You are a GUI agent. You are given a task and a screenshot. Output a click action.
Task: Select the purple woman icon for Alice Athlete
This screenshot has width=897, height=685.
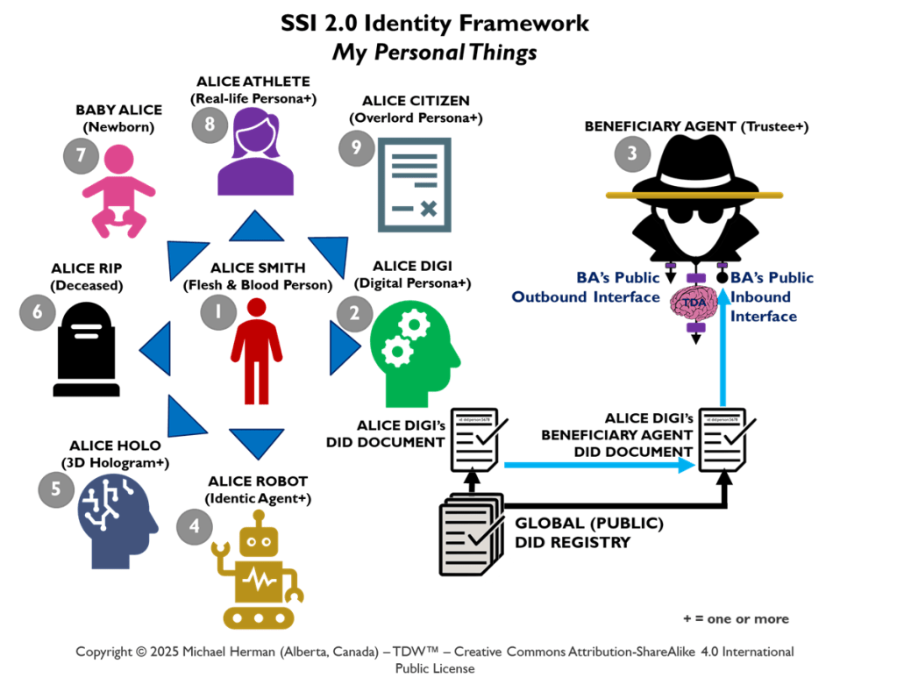255,153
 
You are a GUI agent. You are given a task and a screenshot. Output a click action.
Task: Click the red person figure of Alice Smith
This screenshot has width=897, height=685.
256,351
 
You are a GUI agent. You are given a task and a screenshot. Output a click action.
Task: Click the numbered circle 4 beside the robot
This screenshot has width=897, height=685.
193,526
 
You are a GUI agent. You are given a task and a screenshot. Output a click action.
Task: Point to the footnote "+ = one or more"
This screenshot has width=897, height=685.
736,619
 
